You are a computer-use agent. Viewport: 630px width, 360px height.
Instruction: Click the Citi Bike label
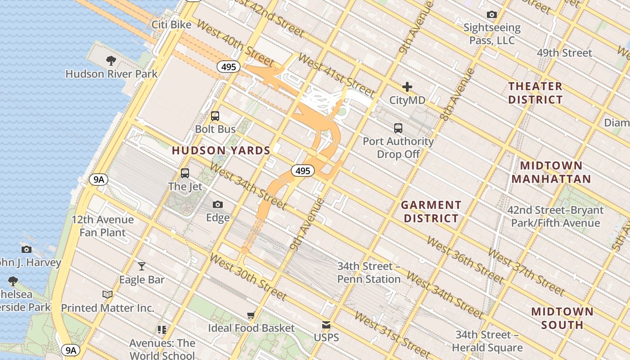[x=171, y=24]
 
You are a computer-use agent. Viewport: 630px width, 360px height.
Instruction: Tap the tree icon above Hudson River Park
[x=111, y=60]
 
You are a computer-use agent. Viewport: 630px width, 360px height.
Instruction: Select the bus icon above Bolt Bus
[x=215, y=116]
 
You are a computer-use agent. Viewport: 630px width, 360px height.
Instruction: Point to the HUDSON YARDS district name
[x=221, y=151]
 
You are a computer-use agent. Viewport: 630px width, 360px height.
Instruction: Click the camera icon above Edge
[x=218, y=205]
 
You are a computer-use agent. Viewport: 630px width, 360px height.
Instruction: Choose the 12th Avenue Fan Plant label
[x=103, y=226]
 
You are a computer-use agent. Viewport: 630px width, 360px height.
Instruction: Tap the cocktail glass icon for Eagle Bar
[x=142, y=266]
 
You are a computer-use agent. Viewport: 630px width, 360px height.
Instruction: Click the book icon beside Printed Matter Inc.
[x=108, y=295]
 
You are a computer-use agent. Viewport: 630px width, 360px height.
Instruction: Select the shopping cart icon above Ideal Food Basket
[x=251, y=315]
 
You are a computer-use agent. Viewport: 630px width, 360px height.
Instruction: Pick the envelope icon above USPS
[x=326, y=325]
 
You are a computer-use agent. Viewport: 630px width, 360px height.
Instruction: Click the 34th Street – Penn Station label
[x=369, y=273]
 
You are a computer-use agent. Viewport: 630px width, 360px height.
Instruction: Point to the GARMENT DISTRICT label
[x=431, y=211]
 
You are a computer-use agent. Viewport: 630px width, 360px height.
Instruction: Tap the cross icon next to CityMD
[x=407, y=87]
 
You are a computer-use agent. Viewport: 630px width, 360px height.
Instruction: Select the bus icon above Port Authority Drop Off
[x=398, y=128]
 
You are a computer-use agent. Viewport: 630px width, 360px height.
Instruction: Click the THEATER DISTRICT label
[x=535, y=93]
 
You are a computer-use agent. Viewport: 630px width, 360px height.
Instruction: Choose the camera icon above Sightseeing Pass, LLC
[x=492, y=15]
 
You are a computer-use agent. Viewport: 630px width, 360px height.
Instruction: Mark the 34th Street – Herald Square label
[x=487, y=341]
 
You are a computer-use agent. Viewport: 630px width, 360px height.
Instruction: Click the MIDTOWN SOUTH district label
[x=562, y=318]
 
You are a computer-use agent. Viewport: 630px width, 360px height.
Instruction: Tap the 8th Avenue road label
[x=458, y=94]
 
